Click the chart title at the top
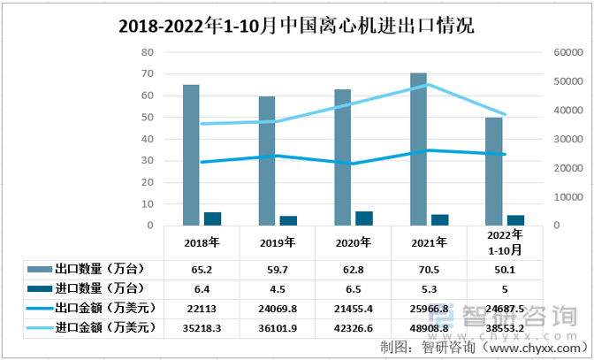(296, 26)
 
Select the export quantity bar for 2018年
(191, 155)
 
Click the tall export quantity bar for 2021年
(418, 149)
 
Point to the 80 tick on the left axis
(148, 52)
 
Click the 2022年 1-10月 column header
(505, 241)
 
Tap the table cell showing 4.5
(278, 288)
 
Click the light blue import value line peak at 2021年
(429, 85)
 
